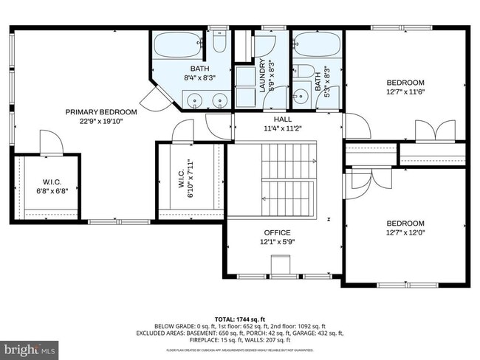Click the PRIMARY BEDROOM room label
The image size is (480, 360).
92,112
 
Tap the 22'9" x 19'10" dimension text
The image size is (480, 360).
92,122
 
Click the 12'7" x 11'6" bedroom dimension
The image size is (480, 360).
405,91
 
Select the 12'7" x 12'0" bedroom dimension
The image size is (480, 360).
405,233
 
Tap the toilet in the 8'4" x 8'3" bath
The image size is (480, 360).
218,43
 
